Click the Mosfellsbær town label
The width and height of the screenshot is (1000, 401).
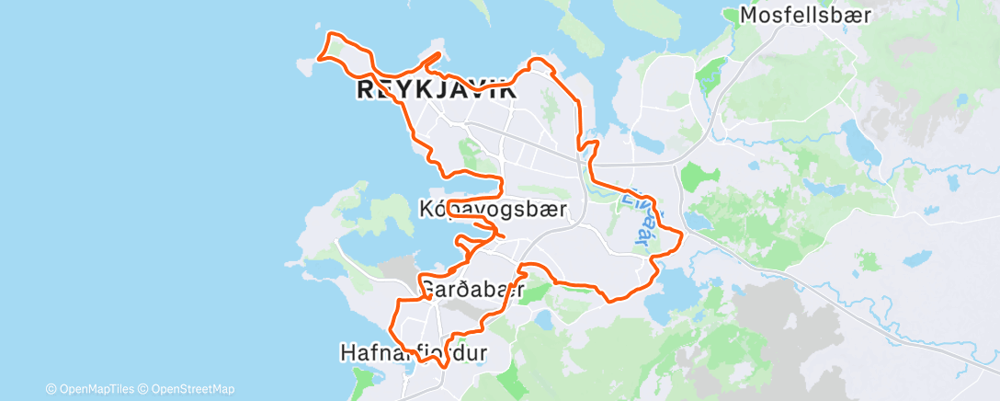pos(806,16)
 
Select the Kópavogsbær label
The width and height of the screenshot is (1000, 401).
pos(493,210)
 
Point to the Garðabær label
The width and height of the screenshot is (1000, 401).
pos(472,290)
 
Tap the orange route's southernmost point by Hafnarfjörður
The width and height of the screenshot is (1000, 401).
pos(445,367)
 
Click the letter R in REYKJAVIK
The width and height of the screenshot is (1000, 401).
pos(364,90)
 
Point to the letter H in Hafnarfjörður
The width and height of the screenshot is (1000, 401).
pos(347,352)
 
